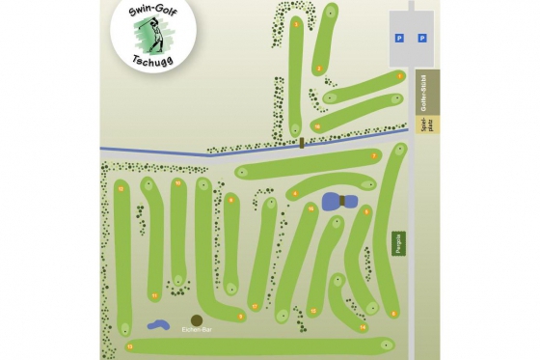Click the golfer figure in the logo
149,35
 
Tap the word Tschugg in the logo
151,63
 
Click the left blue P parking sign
398,39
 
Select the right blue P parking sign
421,39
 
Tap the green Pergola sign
398,243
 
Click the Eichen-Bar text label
197,330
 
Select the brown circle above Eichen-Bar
197,319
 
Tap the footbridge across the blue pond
341,201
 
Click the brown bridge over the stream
302,143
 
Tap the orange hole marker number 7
373,155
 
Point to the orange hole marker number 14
362,327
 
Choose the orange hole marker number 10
177,182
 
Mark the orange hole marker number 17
254,306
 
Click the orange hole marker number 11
154,295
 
